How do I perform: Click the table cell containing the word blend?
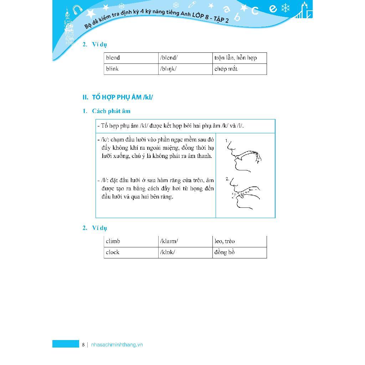point(131,58)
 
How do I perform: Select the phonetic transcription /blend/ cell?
point(185,58)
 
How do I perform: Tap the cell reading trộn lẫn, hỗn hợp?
point(240,58)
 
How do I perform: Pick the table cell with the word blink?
point(131,69)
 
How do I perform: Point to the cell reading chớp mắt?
point(240,69)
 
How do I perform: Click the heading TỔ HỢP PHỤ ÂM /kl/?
point(117,97)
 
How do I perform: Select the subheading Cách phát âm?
point(111,111)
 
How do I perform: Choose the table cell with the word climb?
point(131,241)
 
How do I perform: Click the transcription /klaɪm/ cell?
point(185,241)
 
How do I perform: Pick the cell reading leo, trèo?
point(240,241)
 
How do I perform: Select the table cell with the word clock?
point(131,252)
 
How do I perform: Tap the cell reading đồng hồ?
point(240,252)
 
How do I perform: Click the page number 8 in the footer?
point(83,345)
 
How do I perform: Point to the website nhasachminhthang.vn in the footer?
point(117,345)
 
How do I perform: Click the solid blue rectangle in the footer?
point(66,344)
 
